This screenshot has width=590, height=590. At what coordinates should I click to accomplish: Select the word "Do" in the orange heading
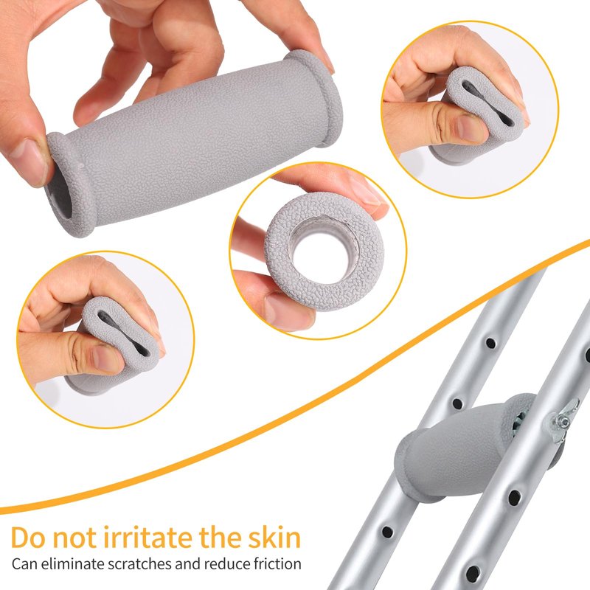pyautogui.click(x=29, y=538)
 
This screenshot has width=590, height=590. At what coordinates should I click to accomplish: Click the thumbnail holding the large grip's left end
pyautogui.click(x=29, y=161)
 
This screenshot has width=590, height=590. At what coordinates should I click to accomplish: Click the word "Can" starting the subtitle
pyautogui.click(x=24, y=564)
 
